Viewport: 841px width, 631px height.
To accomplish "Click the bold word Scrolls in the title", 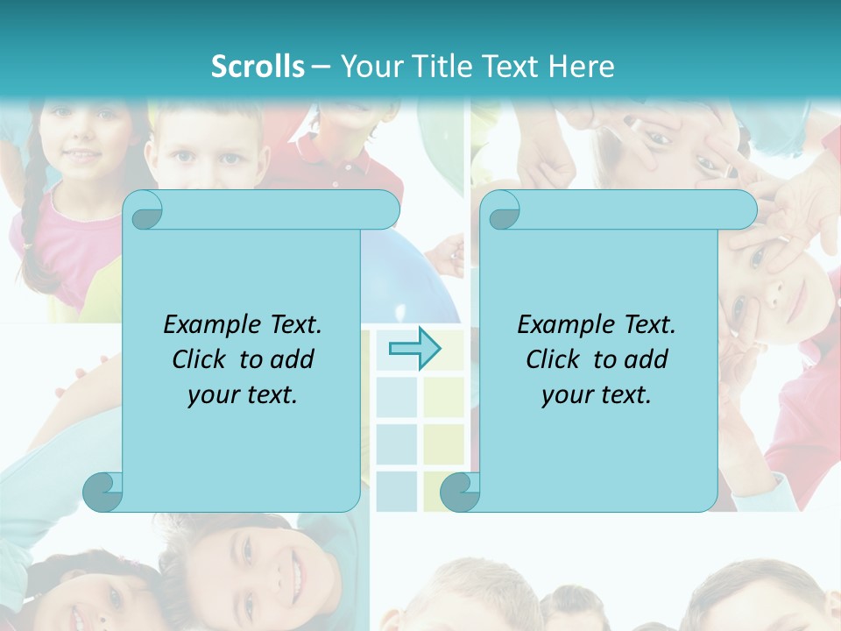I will click(258, 66).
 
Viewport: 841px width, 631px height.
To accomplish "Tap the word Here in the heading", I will click(581, 66).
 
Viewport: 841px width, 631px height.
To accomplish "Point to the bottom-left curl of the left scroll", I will click(103, 491).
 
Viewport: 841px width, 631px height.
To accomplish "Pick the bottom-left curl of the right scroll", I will click(460, 491).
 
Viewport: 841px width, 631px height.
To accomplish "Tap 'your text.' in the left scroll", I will click(243, 394).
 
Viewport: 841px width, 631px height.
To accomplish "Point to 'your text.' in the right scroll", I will click(597, 394).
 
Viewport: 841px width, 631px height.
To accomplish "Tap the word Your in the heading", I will click(370, 66).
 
